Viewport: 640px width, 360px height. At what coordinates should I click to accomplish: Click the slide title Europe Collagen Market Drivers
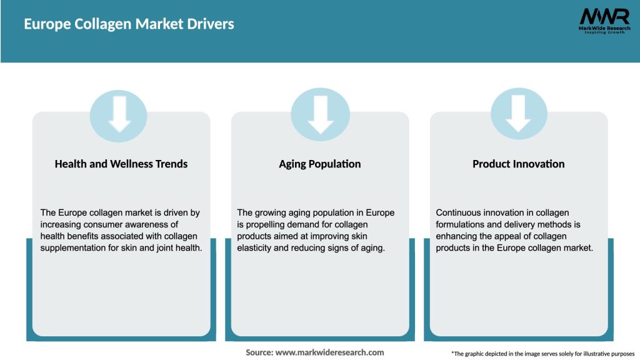click(x=129, y=24)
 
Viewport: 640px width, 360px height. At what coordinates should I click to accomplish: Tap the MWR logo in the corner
click(x=604, y=16)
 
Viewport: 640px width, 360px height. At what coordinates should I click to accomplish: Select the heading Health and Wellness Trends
click(x=121, y=164)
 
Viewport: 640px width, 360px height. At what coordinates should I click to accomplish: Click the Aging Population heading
click(x=320, y=164)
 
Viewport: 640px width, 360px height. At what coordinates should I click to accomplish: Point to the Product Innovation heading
click(x=518, y=164)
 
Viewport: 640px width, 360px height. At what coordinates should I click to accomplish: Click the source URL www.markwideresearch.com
click(x=330, y=352)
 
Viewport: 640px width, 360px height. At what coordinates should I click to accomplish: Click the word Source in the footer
click(x=259, y=352)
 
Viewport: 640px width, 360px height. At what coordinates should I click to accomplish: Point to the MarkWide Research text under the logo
click(x=604, y=27)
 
